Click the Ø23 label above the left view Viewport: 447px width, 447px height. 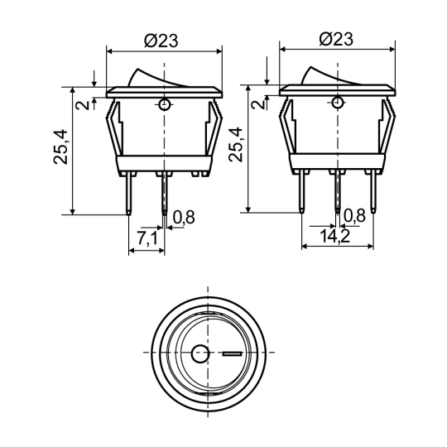tap(161, 41)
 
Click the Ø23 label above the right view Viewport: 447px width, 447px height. tap(336, 39)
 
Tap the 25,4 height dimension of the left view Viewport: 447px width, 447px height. tap(60, 147)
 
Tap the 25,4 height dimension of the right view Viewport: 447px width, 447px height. tap(236, 145)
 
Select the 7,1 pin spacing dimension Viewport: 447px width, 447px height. tap(147, 238)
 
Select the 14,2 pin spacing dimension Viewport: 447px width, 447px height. tap(335, 236)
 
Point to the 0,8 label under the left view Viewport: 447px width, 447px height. tap(184, 217)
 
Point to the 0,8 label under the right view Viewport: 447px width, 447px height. tap(354, 215)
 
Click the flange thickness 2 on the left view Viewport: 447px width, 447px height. tap(83, 105)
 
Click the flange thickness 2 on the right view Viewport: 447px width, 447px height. tap(258, 103)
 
